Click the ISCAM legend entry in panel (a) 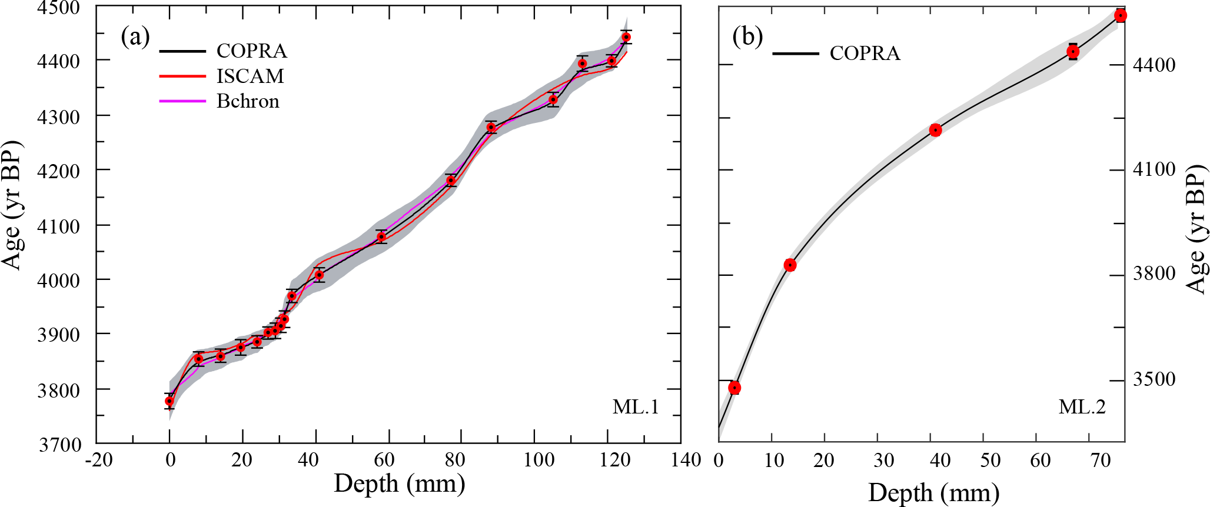(x=250, y=76)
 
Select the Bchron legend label (x=247, y=101)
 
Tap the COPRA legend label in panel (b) (x=865, y=54)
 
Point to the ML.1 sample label (x=635, y=406)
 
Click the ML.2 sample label (x=1082, y=406)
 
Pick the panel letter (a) (x=135, y=37)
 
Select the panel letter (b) (x=747, y=37)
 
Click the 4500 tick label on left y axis (x=58, y=8)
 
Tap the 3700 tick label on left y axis (x=58, y=444)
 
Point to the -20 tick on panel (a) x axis (x=98, y=459)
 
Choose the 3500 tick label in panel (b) (x=1154, y=379)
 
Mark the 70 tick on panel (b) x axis (x=1100, y=460)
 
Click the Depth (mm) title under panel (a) (x=399, y=483)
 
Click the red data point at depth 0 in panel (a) (x=169, y=401)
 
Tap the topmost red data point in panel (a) (x=626, y=37)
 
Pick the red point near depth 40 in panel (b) (x=935, y=130)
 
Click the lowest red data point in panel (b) (x=734, y=388)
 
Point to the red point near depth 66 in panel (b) (x=1073, y=52)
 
